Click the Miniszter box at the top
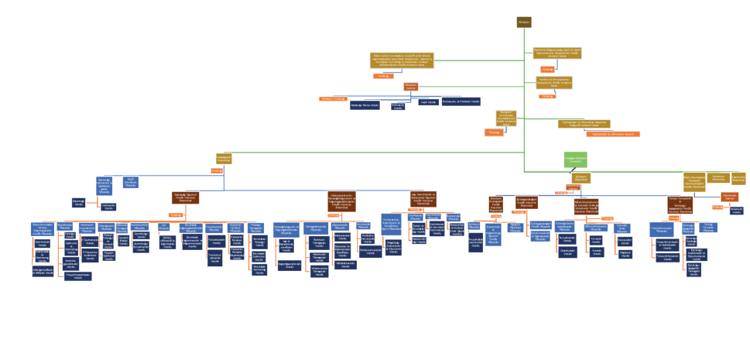pyautogui.click(x=524, y=22)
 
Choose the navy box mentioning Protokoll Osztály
pyautogui.click(x=461, y=101)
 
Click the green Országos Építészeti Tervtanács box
pyautogui.click(x=575, y=159)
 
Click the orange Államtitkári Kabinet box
pyautogui.click(x=729, y=197)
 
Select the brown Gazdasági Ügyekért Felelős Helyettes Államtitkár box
pyautogui.click(x=186, y=198)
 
